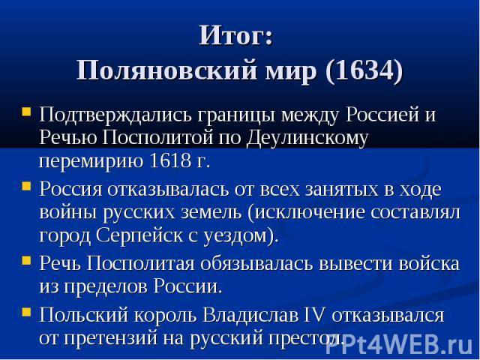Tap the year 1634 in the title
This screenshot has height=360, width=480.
click(x=364, y=70)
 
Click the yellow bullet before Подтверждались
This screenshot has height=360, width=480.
click(x=27, y=111)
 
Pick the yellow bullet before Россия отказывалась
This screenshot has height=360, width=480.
click(x=27, y=186)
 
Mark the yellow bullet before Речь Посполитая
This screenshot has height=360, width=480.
click(x=27, y=260)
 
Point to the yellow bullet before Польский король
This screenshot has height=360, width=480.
click(x=27, y=312)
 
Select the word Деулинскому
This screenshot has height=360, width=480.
click(x=307, y=138)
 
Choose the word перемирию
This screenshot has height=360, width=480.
click(x=91, y=162)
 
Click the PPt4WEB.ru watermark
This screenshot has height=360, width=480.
click(x=398, y=345)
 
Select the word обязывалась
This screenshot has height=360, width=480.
click(x=256, y=263)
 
